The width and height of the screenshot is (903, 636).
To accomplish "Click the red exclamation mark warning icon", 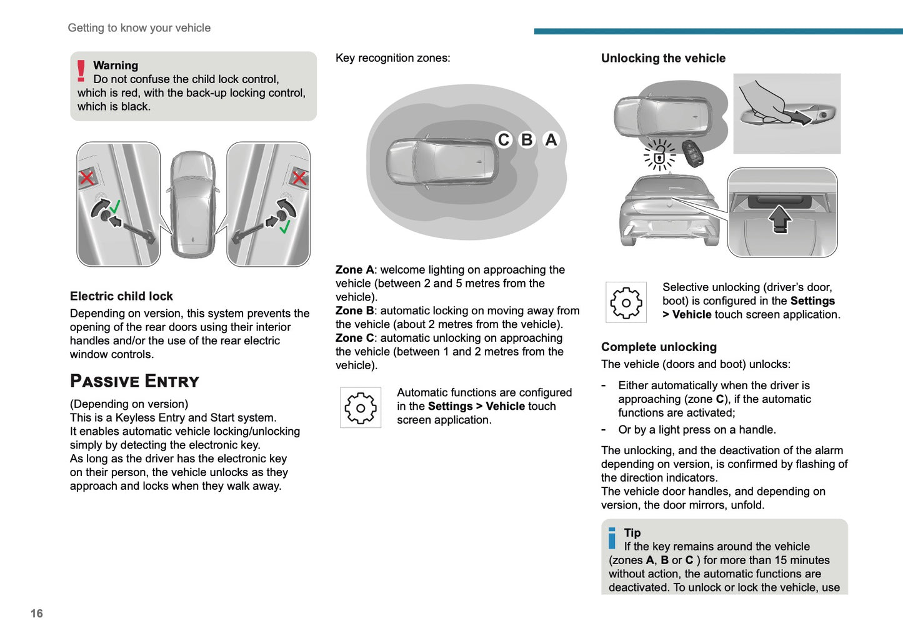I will coord(81,71).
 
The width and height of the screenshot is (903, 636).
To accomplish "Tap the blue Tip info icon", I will coord(612,539).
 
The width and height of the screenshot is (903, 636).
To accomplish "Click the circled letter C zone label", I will coord(504,140).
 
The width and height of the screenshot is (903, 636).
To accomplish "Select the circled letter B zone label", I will coord(527,140).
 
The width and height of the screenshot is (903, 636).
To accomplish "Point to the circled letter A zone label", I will coord(551,140).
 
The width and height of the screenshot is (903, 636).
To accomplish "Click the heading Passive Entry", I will coord(134,381).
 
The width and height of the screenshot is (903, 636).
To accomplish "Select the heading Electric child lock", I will coord(121,296).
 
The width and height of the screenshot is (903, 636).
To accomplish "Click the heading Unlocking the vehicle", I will coord(663,58).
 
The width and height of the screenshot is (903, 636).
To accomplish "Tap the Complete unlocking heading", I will coord(659,347).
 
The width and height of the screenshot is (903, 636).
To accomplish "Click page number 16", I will coord(37,614).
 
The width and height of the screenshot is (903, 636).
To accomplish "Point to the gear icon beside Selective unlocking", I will coord(626,302).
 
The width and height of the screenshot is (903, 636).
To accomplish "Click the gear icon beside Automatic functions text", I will coord(361,408).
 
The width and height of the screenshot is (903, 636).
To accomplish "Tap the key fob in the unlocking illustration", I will coord(692,153).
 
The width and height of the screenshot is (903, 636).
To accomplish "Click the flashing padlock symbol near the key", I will coord(659,156).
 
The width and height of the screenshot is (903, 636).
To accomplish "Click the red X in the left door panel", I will coord(87,178).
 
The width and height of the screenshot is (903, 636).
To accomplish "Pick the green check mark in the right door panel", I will coord(285,226).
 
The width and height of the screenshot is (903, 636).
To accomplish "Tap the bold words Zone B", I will coord(354,311).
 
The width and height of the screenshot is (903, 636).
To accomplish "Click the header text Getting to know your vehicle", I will coord(139,28).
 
